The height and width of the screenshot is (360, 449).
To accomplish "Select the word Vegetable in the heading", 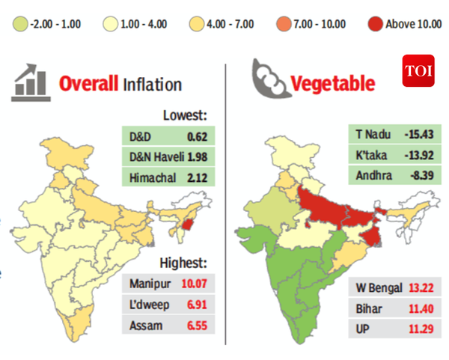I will [332, 82].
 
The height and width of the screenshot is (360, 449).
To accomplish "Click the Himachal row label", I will [147, 177].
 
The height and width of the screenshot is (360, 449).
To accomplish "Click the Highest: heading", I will [183, 263].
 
